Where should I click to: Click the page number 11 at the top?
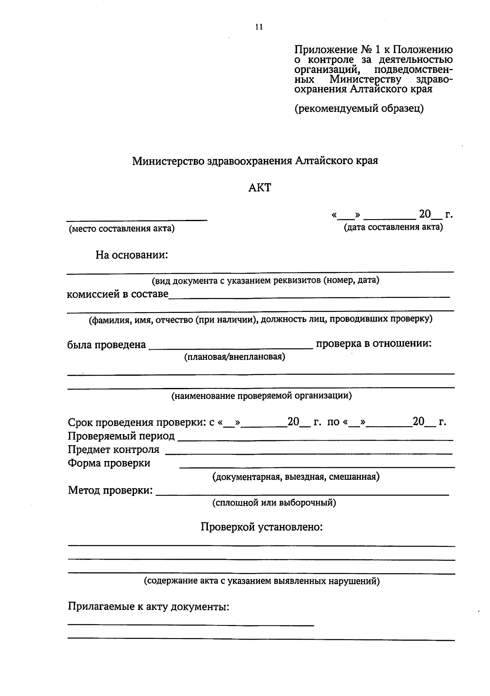[259, 27]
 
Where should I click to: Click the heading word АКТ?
[259, 188]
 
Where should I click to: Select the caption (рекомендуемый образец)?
[359, 109]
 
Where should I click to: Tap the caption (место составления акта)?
[122, 228]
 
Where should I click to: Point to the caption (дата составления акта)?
[393, 227]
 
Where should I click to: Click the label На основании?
[132, 255]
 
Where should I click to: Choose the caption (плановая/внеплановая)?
[235, 357]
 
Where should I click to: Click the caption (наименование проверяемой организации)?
[261, 396]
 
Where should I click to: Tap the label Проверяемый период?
[121, 436]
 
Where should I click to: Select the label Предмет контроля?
[114, 450]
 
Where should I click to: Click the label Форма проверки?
[109, 463]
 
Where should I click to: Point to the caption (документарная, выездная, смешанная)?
[296, 477]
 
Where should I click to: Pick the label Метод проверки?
[111, 490]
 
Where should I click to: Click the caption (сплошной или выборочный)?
[274, 503]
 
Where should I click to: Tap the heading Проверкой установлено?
[262, 527]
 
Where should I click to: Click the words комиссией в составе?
[118, 294]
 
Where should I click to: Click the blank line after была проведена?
[231, 348]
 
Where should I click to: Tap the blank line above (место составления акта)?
[137, 220]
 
